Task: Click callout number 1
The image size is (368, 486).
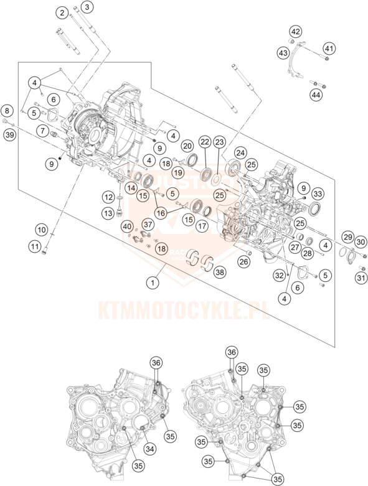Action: (x=153, y=283)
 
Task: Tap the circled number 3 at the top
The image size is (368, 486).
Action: (x=87, y=7)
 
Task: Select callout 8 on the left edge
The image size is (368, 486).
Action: (x=7, y=110)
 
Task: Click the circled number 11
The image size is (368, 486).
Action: (x=34, y=246)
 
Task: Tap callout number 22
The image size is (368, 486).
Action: (x=205, y=142)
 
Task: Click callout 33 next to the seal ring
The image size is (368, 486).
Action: (x=317, y=194)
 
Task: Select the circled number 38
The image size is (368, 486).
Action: (x=220, y=272)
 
